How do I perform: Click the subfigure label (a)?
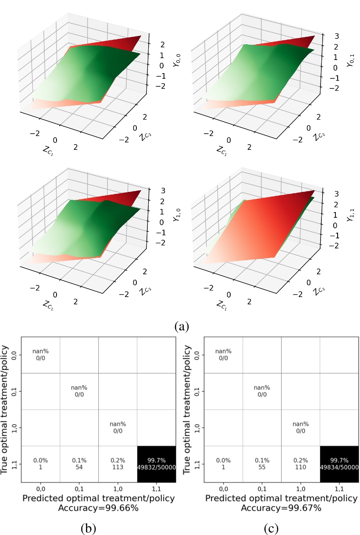182,326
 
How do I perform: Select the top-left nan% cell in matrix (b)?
40,354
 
